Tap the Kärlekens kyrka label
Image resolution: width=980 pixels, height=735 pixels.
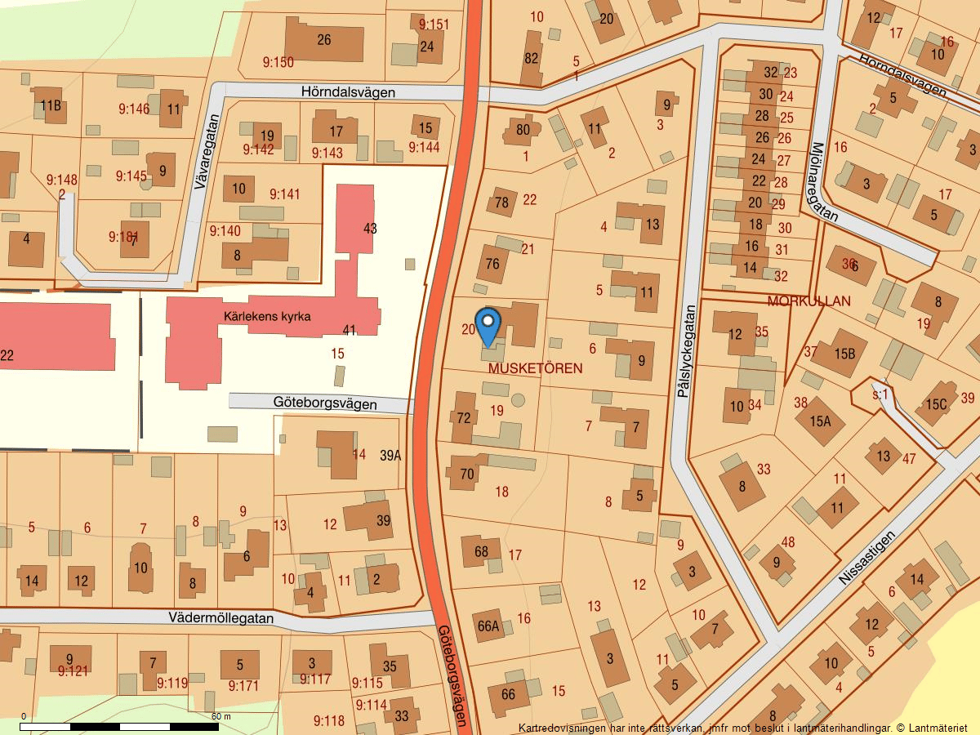tap(268, 316)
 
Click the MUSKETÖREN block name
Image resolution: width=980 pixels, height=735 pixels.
tap(535, 368)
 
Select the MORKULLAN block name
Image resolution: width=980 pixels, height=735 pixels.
tap(808, 301)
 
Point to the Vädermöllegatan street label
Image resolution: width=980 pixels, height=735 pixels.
tap(221, 618)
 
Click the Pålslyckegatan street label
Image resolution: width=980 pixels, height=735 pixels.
tap(685, 351)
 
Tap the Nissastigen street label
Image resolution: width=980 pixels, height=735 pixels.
tap(866, 557)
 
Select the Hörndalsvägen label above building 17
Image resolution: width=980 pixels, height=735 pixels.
tap(348, 92)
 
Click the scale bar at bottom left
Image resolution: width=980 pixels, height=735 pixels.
tap(119, 726)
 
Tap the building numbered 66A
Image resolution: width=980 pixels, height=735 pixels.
tap(488, 626)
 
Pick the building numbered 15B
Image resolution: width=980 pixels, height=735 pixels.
tap(844, 354)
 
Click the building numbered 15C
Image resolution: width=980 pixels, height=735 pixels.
tap(936, 404)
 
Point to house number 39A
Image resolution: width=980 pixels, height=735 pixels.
tap(390, 456)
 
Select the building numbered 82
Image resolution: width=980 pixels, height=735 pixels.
tap(532, 58)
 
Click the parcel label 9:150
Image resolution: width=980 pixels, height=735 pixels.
tap(278, 62)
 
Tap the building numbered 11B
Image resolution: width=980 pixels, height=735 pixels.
tap(51, 105)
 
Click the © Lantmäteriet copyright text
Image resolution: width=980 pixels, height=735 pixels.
tap(932, 727)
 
